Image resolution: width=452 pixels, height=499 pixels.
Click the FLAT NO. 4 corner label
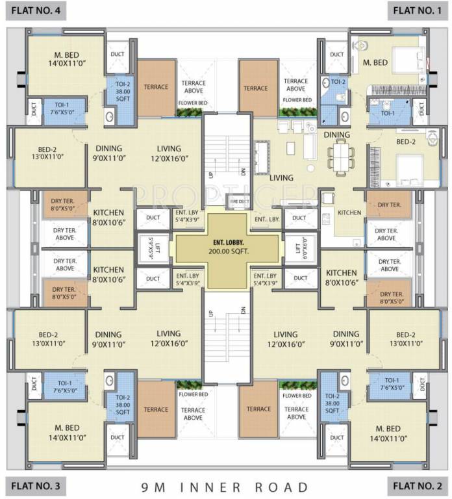pyautogui.click(x=32, y=10)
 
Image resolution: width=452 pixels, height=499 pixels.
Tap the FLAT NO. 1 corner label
pyautogui.click(x=418, y=10)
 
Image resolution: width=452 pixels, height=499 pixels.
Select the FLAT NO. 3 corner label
pyautogui.click(x=32, y=485)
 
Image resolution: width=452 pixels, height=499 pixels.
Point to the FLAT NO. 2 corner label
pyautogui.click(x=418, y=485)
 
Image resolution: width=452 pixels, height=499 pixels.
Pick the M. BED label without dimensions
pyautogui.click(x=375, y=62)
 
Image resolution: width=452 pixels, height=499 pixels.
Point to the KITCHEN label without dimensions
pyautogui.click(x=349, y=212)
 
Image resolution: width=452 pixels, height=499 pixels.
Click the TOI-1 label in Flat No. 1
pyautogui.click(x=388, y=112)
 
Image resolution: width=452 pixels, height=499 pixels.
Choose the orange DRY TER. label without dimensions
pyautogui.click(x=388, y=205)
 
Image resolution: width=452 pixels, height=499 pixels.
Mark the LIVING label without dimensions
pyautogui.click(x=281, y=177)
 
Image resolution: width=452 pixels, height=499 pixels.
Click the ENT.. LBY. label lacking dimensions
pyautogui.click(x=267, y=220)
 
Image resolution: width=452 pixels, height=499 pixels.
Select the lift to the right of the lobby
pyautogui.click(x=298, y=248)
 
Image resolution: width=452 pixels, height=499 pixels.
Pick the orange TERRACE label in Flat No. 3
pyautogui.click(x=156, y=409)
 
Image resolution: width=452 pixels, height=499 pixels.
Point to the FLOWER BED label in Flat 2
pyautogui.click(x=297, y=395)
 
